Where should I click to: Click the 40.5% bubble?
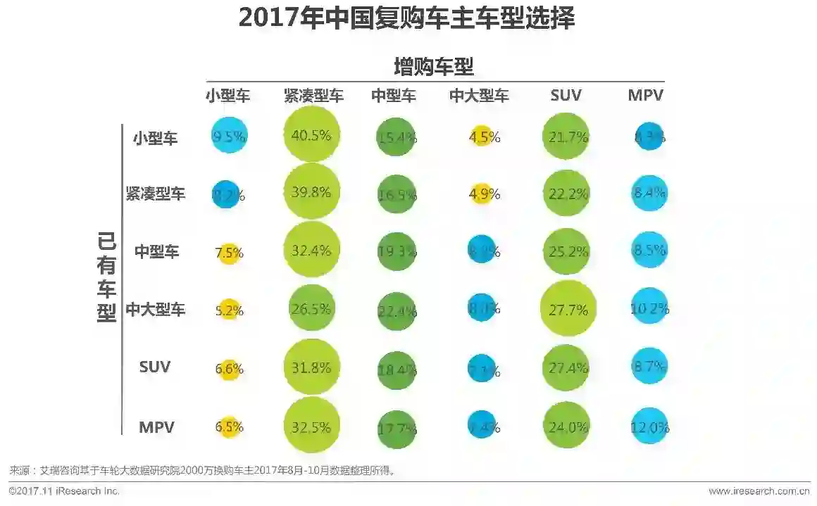(312, 136)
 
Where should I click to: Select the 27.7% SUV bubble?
(568, 308)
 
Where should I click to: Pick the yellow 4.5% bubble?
(480, 137)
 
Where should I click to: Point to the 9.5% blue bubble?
(228, 136)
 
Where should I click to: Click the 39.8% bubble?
(312, 192)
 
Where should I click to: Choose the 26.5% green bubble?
(312, 308)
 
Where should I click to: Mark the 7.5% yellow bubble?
(228, 252)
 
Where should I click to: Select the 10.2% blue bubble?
(649, 308)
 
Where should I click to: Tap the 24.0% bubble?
(567, 426)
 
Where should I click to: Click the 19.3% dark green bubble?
(396, 251)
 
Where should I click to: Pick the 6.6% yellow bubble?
(228, 368)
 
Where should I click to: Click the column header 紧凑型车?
(313, 95)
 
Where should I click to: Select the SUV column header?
(566, 95)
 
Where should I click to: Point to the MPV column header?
(645, 95)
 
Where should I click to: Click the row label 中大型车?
(156, 309)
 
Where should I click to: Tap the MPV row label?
(156, 426)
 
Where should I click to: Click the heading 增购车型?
(433, 67)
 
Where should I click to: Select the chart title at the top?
(406, 19)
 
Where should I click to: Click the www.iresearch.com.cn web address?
(759, 491)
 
